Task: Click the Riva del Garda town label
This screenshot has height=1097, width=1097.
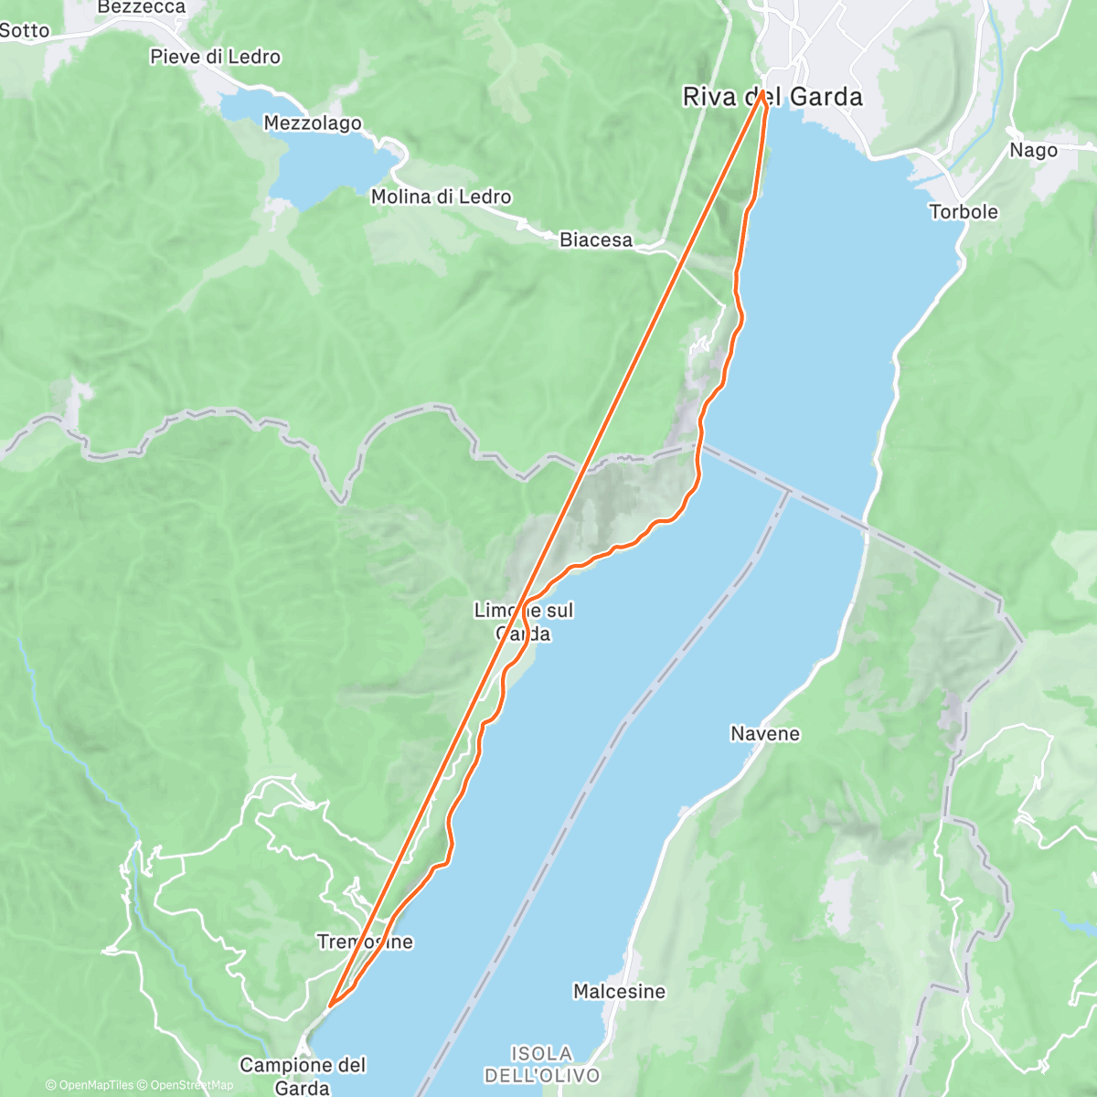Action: click(772, 97)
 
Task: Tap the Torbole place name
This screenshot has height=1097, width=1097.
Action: click(964, 211)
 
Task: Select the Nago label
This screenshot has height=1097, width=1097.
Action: click(1033, 150)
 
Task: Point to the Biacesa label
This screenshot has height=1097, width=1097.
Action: click(596, 240)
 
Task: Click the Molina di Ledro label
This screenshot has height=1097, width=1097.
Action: click(441, 197)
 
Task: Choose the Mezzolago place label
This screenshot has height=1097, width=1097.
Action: click(313, 122)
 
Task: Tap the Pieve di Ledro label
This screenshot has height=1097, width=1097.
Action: click(215, 57)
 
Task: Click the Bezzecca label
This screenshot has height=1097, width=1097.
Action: click(141, 7)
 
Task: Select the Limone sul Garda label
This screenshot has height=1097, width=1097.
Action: click(524, 622)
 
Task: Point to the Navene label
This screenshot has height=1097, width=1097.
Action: click(765, 733)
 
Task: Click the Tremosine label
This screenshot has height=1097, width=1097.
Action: click(365, 942)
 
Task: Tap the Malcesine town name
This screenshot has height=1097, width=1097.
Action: click(619, 991)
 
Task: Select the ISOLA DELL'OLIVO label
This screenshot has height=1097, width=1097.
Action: click(542, 1065)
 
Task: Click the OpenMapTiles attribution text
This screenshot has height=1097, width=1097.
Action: click(89, 1086)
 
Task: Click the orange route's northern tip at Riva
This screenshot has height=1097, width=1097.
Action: click(762, 91)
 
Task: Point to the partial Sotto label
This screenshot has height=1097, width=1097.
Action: click(24, 30)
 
